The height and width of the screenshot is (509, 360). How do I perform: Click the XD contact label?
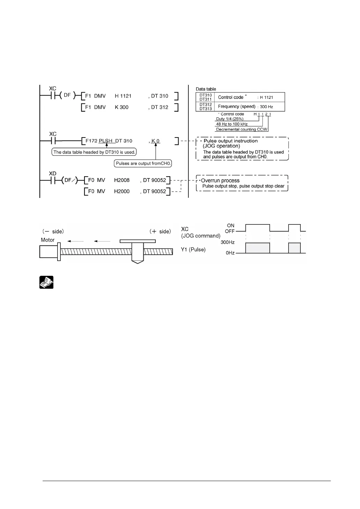point(52,174)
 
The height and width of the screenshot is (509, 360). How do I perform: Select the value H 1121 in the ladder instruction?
point(123,96)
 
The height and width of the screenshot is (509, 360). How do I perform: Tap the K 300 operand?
point(121,107)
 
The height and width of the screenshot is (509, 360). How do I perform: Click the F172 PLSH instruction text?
point(99,141)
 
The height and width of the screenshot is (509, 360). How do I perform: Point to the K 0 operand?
point(156,141)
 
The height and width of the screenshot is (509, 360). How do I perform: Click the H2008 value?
point(122,180)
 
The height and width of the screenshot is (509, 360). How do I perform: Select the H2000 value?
point(122,191)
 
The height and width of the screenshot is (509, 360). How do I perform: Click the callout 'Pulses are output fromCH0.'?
point(143,163)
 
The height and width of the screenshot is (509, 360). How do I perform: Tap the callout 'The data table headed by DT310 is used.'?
point(94,152)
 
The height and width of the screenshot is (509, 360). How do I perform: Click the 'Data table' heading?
point(206,89)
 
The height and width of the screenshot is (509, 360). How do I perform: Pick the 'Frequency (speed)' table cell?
point(237,106)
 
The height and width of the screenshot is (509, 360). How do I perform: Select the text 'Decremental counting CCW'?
point(241,129)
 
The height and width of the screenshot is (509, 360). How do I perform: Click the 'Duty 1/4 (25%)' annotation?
point(230,119)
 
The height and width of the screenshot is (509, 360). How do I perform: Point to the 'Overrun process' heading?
point(220,180)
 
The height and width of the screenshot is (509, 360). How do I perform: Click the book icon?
point(46,282)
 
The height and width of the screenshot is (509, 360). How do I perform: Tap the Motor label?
point(48,240)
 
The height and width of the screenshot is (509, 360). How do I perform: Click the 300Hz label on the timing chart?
point(227,242)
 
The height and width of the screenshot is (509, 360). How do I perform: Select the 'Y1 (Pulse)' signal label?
point(193,249)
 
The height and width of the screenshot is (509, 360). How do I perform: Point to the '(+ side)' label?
point(160,231)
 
